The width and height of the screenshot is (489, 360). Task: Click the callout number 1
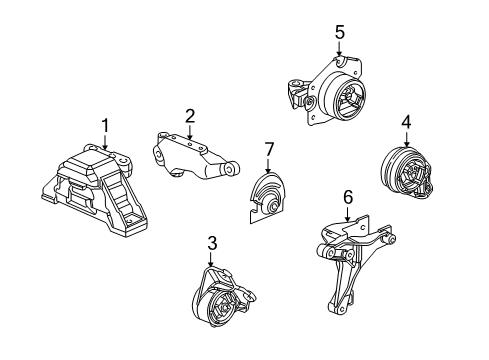[103, 124]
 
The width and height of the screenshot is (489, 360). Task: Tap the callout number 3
[211, 242]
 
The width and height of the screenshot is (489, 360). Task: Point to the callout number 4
[407, 122]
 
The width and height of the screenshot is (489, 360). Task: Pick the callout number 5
[339, 33]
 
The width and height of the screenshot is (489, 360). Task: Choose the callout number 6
[347, 198]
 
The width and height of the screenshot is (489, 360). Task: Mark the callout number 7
[267, 150]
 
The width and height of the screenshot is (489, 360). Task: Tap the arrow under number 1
[103, 143]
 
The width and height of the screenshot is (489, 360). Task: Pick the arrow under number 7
[267, 167]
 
